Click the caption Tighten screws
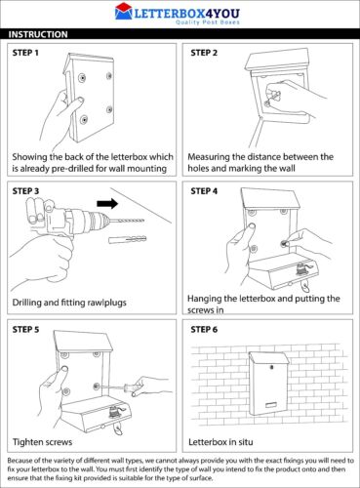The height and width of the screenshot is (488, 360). tap(47, 441)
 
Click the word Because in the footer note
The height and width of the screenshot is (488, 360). tap(20, 458)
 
